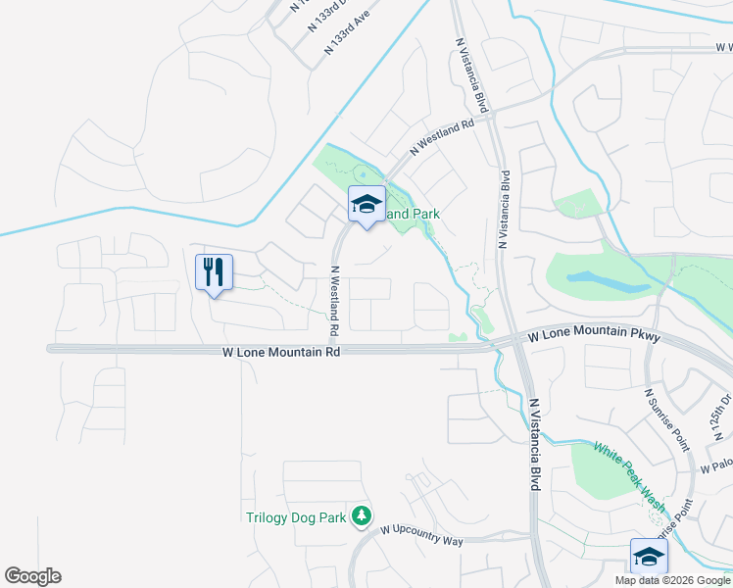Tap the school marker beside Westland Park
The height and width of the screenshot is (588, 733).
pos(366,205)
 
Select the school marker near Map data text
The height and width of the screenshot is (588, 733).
pos(649,557)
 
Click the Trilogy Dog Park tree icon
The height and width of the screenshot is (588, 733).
pos(362,514)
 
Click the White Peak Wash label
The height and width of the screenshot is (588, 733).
pos(627,478)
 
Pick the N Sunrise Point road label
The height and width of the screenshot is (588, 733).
pos(667,419)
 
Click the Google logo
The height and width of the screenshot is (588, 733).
pos(32,576)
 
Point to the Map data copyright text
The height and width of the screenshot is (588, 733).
pos(673,579)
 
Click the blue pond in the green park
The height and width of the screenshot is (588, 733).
pos(608,280)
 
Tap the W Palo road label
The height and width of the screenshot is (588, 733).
pos(716,469)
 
